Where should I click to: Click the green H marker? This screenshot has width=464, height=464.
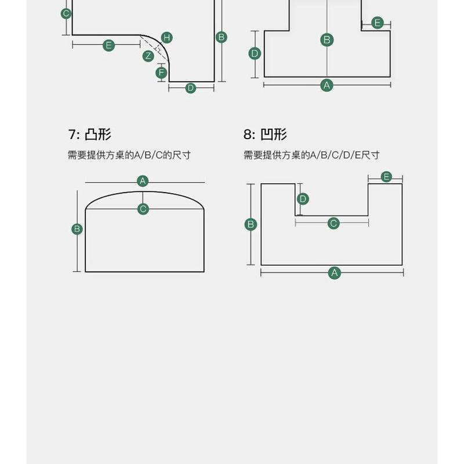pyautogui.click(x=167, y=38)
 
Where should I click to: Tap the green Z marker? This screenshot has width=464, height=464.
pyautogui.click(x=148, y=56)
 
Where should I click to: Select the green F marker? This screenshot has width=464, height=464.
pyautogui.click(x=162, y=73)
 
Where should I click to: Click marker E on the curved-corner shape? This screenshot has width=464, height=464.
pyautogui.click(x=108, y=45)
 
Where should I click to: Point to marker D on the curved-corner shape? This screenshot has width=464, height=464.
pyautogui.click(x=191, y=88)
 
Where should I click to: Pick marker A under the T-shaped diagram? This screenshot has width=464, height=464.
pyautogui.click(x=327, y=85)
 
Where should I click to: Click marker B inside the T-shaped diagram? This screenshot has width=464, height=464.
pyautogui.click(x=327, y=39)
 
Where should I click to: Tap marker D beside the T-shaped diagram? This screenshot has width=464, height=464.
pyautogui.click(x=255, y=54)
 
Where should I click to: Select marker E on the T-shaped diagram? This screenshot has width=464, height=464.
pyautogui.click(x=378, y=23)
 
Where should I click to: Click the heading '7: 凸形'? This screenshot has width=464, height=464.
pyautogui.click(x=89, y=135)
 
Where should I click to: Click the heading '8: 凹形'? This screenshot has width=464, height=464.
pyautogui.click(x=265, y=135)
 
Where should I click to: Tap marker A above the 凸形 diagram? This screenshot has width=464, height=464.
pyautogui.click(x=143, y=181)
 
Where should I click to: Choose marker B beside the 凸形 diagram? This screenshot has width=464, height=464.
pyautogui.click(x=77, y=229)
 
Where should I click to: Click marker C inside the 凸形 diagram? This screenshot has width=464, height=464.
pyautogui.click(x=143, y=209)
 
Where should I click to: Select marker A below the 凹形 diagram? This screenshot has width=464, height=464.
pyautogui.click(x=334, y=273)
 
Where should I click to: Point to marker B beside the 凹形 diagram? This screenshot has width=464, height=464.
pyautogui.click(x=251, y=224)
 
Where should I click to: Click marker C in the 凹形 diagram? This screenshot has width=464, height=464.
pyautogui.click(x=333, y=223)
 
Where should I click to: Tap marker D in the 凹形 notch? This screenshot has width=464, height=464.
pyautogui.click(x=303, y=199)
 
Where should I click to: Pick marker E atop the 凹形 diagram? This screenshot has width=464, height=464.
pyautogui.click(x=386, y=177)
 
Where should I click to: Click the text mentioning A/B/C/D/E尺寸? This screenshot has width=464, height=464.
pyautogui.click(x=311, y=155)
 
